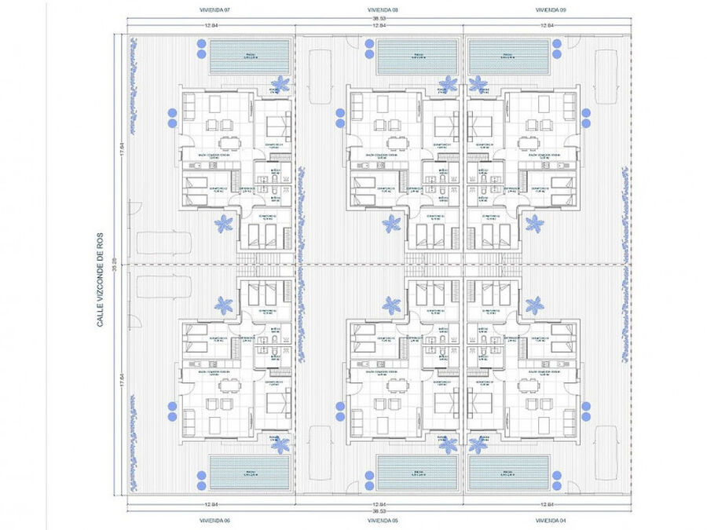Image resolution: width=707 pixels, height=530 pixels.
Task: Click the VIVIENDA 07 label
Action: [211, 10]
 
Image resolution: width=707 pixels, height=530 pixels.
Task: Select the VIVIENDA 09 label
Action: [550, 10]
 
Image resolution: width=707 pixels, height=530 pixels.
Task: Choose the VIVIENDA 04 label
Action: [550, 520]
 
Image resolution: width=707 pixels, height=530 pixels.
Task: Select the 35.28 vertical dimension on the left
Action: [114, 265]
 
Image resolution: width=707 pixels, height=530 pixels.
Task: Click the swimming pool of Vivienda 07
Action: [249, 57]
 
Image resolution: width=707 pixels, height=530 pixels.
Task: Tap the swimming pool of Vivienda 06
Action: [249, 474]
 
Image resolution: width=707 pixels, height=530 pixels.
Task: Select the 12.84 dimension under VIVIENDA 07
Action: [211, 25]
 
